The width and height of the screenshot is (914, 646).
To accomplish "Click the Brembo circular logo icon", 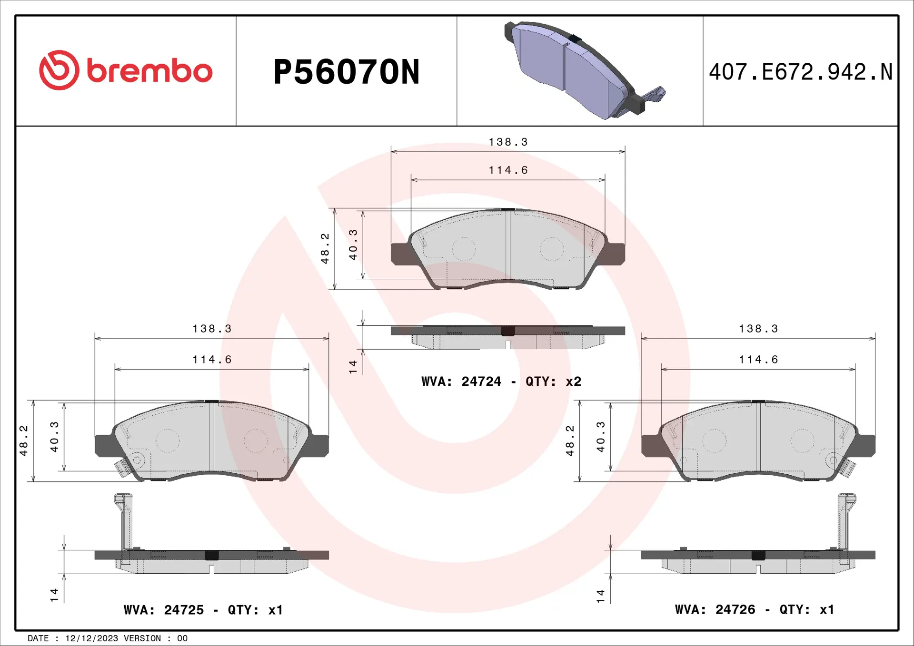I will [59, 70].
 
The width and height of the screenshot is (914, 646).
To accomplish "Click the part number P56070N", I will [346, 72].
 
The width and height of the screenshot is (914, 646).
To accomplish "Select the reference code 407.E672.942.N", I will [800, 72].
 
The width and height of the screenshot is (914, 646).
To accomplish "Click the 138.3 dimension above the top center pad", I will [508, 142].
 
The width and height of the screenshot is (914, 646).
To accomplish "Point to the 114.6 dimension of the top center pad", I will [508, 170].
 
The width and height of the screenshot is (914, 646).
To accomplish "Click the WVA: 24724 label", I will [461, 382].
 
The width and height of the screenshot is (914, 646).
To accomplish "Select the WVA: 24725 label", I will [163, 610].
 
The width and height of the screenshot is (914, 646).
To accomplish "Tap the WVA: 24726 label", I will [715, 609].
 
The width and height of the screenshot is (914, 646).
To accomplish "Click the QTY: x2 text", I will [553, 382].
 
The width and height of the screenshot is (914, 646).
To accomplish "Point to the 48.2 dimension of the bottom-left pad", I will [24, 440].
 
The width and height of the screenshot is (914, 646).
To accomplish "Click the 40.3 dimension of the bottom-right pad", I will [601, 437].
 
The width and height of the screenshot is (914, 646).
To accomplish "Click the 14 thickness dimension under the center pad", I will [353, 366].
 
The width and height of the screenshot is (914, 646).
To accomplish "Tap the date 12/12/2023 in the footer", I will [91, 638].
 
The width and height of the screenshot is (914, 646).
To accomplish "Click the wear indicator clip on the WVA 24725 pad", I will [123, 469].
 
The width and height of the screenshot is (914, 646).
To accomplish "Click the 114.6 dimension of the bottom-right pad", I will [758, 360].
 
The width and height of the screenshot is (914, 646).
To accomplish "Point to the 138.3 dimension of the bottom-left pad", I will [212, 329].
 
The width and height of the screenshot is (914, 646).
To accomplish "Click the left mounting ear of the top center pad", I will [400, 254].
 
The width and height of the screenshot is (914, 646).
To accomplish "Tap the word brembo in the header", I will [149, 71].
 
